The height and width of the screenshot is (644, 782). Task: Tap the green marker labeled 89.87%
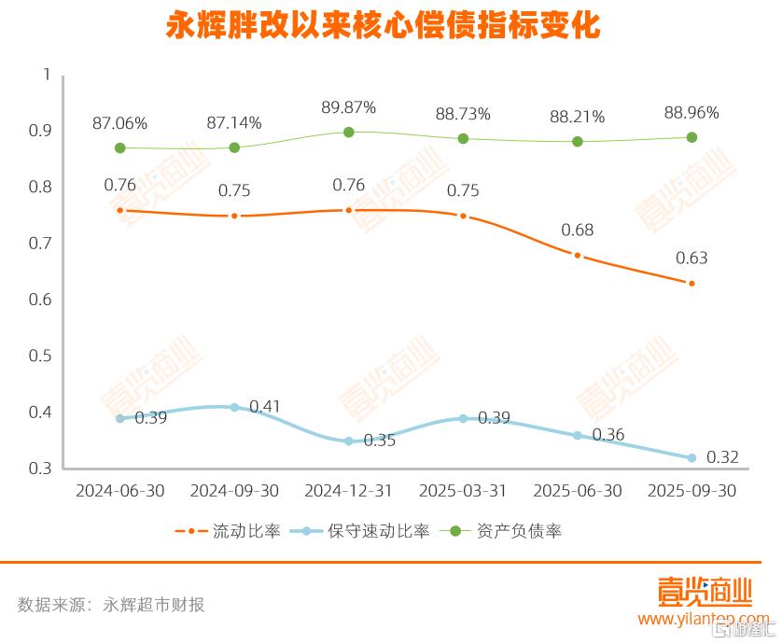tap(349, 133)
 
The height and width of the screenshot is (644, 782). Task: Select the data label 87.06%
tap(119, 123)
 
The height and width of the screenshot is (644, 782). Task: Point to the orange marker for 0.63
tap(691, 283)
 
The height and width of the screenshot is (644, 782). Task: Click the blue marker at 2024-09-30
tap(234, 407)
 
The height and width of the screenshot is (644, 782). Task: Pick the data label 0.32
tap(722, 457)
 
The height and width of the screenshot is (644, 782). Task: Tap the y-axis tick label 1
tap(46, 74)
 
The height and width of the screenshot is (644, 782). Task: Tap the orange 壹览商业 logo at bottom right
tap(704, 592)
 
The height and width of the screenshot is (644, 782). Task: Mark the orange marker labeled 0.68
tap(578, 255)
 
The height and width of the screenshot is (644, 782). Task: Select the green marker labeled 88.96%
tap(691, 137)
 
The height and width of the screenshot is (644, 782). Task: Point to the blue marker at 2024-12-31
tap(349, 441)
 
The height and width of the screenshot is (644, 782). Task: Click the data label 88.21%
tap(577, 118)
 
